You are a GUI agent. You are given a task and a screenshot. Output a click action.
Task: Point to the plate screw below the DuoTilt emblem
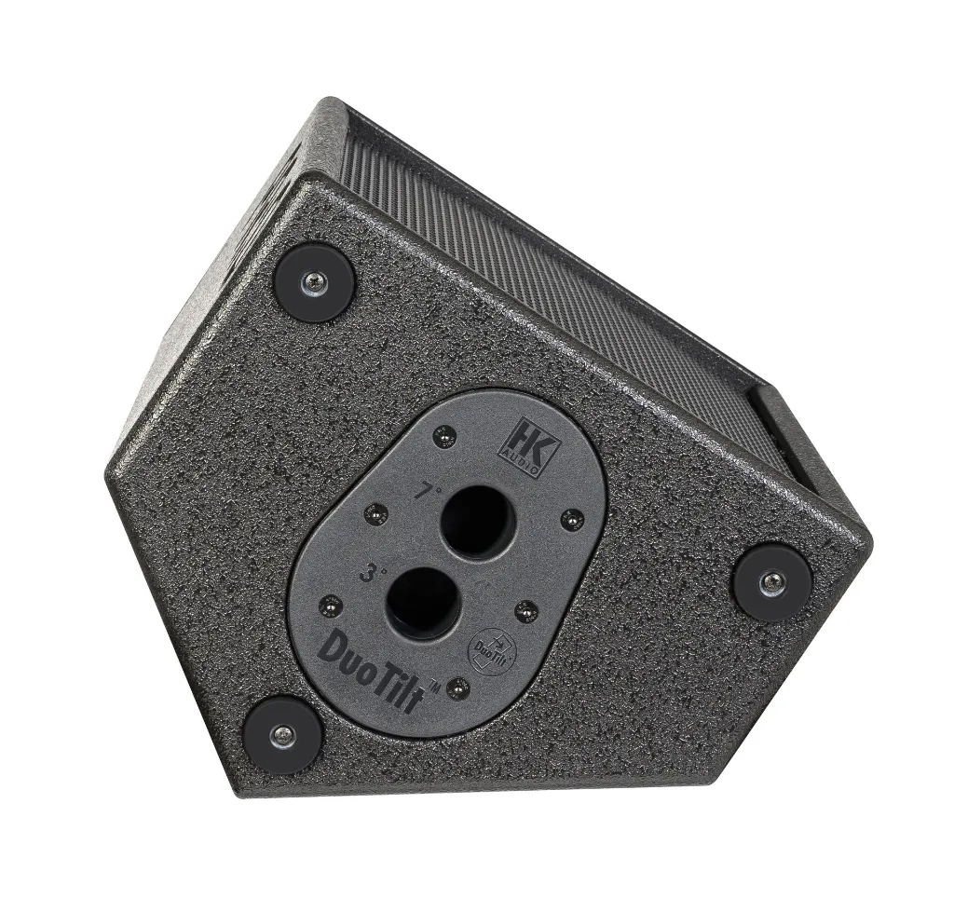coord(457,688)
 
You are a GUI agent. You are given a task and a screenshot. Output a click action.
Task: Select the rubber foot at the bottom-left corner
coord(282,734)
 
